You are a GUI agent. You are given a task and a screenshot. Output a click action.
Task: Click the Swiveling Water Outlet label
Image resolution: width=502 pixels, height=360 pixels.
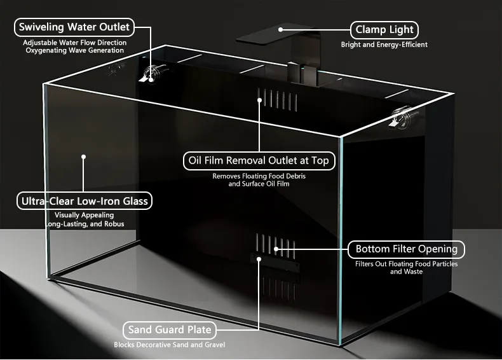point(74,27)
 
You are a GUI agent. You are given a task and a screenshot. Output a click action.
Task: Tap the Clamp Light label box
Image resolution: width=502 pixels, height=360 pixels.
point(384,29)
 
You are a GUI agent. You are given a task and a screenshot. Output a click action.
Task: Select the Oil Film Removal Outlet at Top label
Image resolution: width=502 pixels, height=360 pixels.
point(258,161)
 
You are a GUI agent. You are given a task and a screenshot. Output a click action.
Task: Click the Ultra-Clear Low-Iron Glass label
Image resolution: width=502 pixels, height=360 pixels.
point(85,202)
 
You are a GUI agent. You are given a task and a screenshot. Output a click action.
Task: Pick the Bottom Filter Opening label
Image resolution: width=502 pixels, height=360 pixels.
point(406,249)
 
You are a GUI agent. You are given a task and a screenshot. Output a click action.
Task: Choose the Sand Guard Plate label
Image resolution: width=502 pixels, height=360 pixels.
point(170,330)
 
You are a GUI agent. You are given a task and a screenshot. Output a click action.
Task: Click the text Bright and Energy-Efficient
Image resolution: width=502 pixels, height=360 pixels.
point(384,45)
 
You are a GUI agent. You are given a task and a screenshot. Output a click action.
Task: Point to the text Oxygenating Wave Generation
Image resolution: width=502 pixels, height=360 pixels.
point(75,50)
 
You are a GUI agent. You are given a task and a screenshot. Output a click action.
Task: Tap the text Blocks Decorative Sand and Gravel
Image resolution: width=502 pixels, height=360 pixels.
point(170,345)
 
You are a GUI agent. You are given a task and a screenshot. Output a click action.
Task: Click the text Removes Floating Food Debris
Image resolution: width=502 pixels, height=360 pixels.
point(259,176)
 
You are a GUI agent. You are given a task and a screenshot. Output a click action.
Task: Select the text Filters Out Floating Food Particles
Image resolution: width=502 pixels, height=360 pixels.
point(406,264)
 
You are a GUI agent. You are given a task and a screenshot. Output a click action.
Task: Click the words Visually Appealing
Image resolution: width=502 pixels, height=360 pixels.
point(85,216)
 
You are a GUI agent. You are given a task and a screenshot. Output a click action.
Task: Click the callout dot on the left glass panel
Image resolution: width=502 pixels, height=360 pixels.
point(84,156)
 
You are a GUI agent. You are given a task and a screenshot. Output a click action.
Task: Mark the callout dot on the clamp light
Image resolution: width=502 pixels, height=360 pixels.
point(280,29)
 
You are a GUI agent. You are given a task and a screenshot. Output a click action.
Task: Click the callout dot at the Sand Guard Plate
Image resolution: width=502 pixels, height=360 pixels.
point(259,258)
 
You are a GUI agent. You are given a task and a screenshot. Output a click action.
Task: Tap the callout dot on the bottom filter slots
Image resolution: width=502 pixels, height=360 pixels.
point(276,248)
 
